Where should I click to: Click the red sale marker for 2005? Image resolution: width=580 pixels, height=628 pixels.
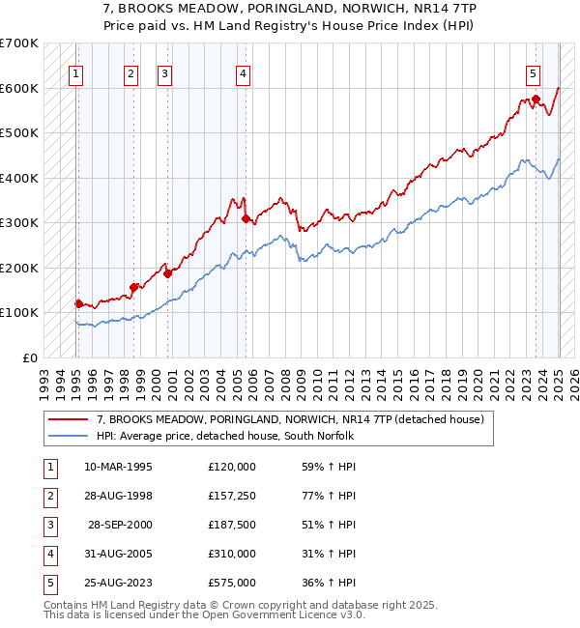[x=246, y=219]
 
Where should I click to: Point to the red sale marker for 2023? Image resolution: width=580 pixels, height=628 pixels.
[x=536, y=99]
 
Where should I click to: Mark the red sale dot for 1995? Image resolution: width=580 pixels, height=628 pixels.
[x=78, y=303]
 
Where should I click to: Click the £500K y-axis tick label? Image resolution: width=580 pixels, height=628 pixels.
[x=18, y=132]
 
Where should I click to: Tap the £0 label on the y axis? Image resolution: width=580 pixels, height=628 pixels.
[x=29, y=357]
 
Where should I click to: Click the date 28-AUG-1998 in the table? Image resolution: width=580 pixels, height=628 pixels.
[x=119, y=496]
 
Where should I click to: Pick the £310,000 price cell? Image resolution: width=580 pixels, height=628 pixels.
[x=232, y=554]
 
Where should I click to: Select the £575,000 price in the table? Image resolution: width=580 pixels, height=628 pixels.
[x=232, y=583]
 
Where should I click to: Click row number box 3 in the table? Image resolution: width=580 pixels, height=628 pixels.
[x=48, y=525]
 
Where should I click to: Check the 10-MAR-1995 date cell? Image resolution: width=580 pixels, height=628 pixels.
[x=119, y=467]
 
